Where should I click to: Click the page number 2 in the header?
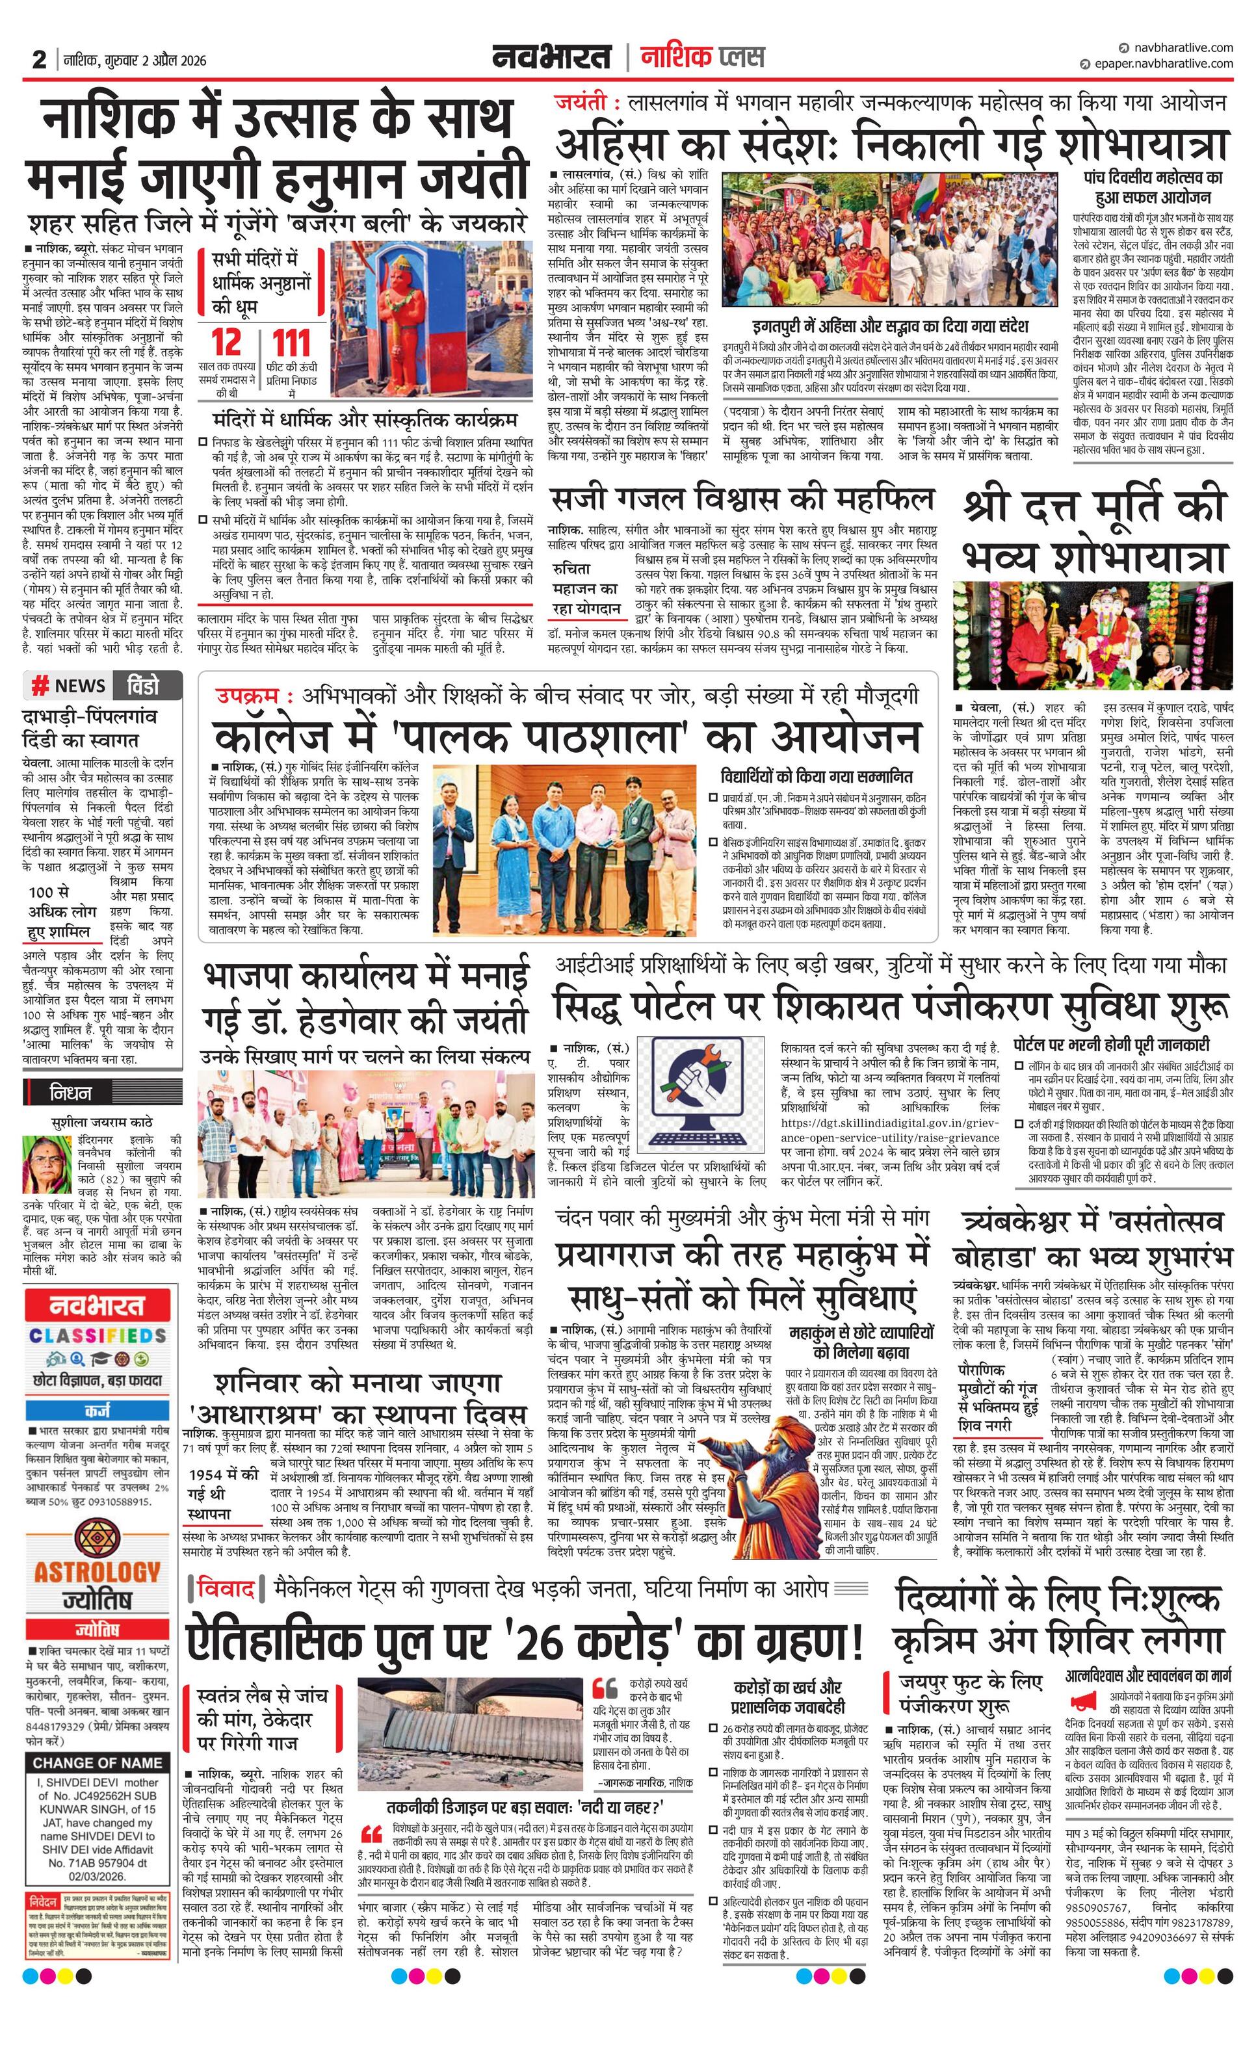click(x=38, y=59)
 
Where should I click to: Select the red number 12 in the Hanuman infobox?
click(x=226, y=343)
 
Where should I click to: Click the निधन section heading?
click(x=71, y=1092)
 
